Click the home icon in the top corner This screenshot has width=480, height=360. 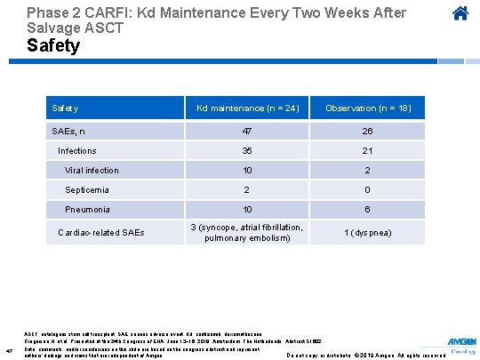pos(460,14)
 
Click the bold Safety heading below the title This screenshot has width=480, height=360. pos(53,45)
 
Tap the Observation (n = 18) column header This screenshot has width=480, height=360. pos(368,108)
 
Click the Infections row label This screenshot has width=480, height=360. pos(77,151)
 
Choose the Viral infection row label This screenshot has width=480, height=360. pos(92,171)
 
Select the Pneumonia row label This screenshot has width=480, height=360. pos(88,210)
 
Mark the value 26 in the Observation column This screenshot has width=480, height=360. pos(368,130)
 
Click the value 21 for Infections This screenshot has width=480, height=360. pos(368,151)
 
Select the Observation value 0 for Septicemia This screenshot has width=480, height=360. pos(368,190)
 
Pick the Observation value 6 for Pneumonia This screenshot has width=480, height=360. pos(368,210)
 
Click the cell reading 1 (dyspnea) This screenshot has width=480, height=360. pos(368,233)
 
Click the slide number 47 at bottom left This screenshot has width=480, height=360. pos(8,349)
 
